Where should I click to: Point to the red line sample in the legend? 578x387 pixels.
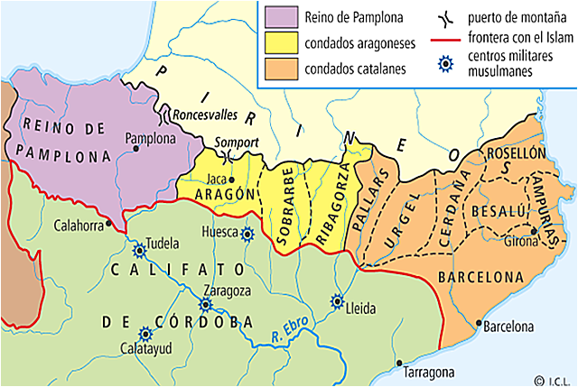coord(444,40)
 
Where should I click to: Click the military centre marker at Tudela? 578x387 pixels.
coord(140,251)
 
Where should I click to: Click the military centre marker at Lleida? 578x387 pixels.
coord(338,301)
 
